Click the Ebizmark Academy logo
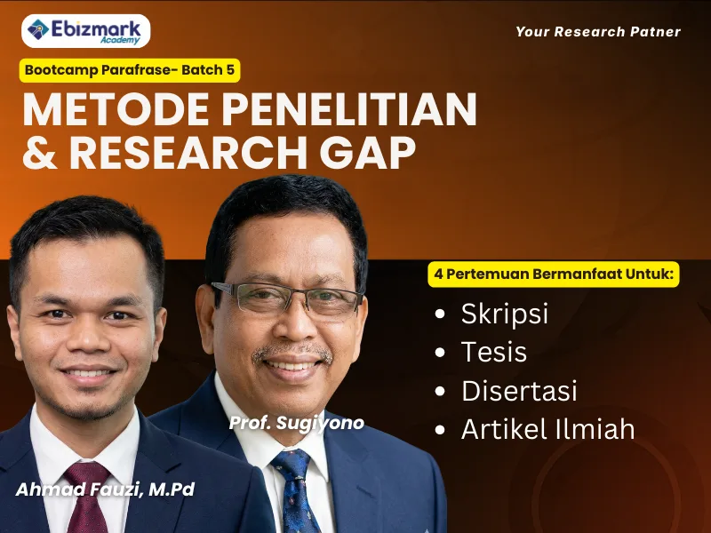(85, 31)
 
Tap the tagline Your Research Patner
(598, 32)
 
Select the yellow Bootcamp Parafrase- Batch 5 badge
(130, 70)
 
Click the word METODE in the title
(116, 109)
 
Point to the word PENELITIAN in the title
(348, 109)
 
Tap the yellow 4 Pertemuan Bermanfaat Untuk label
(554, 274)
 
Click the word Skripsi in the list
(504, 314)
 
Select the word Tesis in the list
(494, 352)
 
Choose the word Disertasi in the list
(519, 390)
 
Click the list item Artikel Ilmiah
(547, 429)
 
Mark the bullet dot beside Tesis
(439, 352)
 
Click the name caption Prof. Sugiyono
(297, 423)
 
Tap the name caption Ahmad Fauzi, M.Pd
(105, 489)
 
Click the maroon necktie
(86, 497)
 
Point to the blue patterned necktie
(296, 491)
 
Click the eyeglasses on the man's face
(286, 298)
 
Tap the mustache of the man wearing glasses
(292, 351)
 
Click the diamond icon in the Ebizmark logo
(38, 29)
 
